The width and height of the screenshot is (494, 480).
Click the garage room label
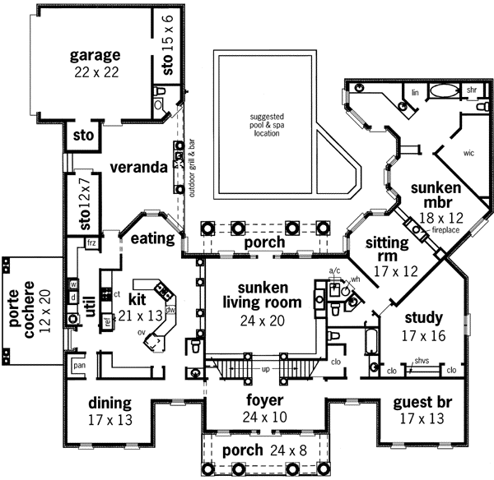pos(95,56)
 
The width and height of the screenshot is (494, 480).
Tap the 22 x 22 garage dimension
pos(95,73)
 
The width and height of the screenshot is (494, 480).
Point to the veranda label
pos(135,166)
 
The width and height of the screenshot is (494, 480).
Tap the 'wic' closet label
pos(469,153)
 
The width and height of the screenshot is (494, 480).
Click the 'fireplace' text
pos(445,232)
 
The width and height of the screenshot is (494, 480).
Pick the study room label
pos(424,316)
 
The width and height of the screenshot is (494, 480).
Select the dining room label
pos(110,404)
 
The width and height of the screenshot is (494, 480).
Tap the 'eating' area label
pos(151,239)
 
